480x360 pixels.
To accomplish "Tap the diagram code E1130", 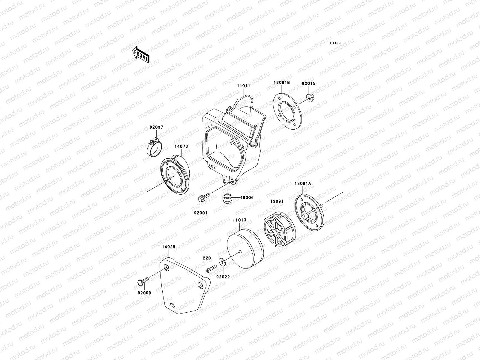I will coord(335,43).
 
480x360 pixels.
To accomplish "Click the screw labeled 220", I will coord(211,268).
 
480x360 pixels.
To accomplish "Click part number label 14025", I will coord(169,247).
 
